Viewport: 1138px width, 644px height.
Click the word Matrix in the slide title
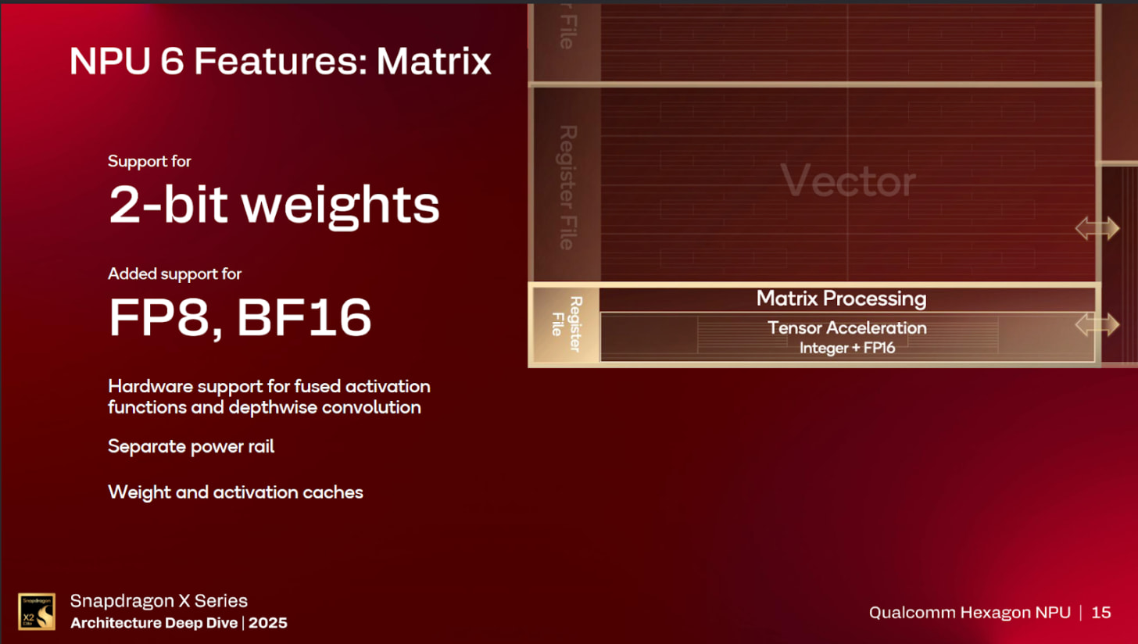point(434,62)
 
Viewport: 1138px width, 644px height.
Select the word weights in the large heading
point(340,205)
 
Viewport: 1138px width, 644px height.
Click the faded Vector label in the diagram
point(848,182)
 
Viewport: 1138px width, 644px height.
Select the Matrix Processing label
point(841,299)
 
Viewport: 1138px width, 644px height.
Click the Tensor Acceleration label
point(847,328)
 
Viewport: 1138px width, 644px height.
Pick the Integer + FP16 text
point(847,349)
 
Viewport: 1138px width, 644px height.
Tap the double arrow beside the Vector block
point(1097,229)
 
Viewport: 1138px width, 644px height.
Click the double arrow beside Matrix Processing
point(1097,324)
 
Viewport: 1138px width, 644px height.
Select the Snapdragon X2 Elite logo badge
point(37,611)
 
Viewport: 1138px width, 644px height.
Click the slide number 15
point(1100,612)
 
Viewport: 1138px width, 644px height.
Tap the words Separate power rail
point(191,447)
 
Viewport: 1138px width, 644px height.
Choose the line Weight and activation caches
point(235,492)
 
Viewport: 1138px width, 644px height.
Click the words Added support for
point(175,274)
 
